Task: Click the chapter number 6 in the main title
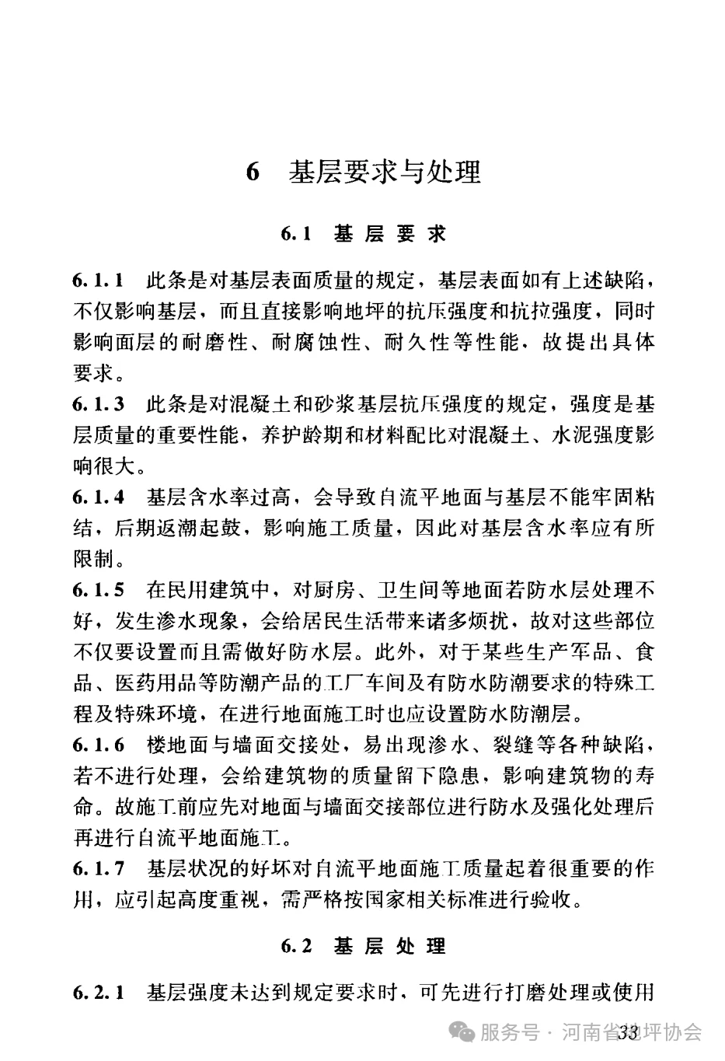pyautogui.click(x=252, y=173)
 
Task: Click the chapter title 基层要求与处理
pyautogui.click(x=385, y=173)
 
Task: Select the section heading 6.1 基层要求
pyautogui.click(x=363, y=233)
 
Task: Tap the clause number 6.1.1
pyautogui.click(x=99, y=280)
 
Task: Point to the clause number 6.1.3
pyautogui.click(x=99, y=404)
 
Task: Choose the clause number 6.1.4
pyautogui.click(x=99, y=497)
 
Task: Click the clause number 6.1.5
pyautogui.click(x=99, y=590)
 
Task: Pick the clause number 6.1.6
pyautogui.click(x=99, y=745)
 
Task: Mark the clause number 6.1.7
pyautogui.click(x=99, y=869)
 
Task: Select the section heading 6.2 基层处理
pyautogui.click(x=363, y=946)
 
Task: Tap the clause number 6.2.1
pyautogui.click(x=99, y=993)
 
